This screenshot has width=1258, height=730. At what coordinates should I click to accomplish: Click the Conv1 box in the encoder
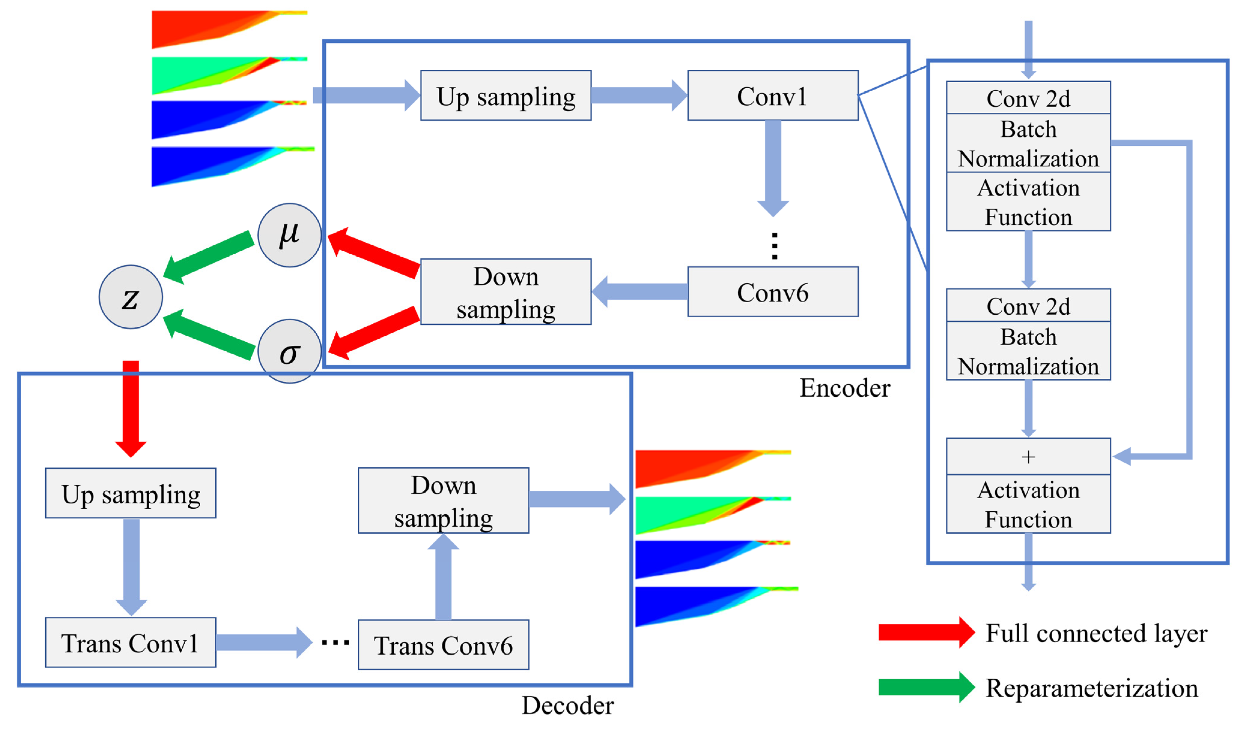(x=772, y=96)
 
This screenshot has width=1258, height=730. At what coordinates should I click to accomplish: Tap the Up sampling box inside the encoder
(x=506, y=96)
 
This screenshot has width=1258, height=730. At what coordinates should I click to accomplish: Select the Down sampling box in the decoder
(x=443, y=501)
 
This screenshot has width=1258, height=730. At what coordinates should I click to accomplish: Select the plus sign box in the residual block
(x=1028, y=457)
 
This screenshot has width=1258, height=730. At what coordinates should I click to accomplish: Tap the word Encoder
(x=845, y=388)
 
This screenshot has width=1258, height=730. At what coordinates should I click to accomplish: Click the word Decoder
(x=568, y=706)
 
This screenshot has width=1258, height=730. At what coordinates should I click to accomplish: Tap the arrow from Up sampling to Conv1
(x=639, y=95)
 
